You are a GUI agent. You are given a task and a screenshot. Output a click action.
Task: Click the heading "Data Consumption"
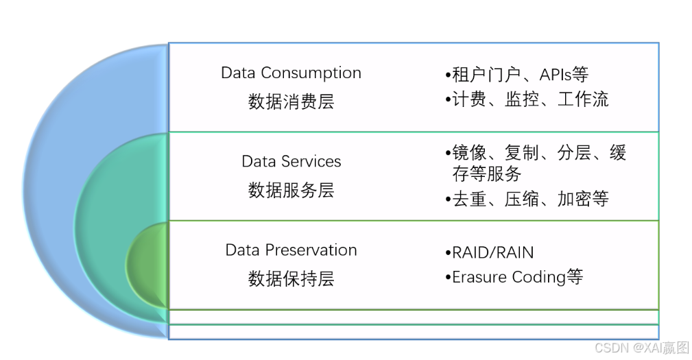click(x=291, y=73)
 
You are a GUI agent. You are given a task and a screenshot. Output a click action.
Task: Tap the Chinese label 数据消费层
click(x=291, y=102)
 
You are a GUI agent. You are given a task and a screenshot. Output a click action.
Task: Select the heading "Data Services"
click(x=291, y=161)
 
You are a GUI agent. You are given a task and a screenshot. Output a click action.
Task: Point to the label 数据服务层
click(x=291, y=190)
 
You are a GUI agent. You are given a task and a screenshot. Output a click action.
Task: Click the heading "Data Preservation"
click(x=291, y=250)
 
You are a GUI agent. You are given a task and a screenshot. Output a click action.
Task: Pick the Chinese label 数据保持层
click(x=291, y=278)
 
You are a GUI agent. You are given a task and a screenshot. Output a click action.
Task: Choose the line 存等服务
click(x=487, y=173)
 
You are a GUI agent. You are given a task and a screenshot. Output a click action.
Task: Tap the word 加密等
click(x=583, y=199)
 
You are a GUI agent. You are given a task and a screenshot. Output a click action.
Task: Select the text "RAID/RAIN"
click(x=492, y=252)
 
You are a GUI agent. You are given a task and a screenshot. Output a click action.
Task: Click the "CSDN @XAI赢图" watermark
click(x=641, y=348)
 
